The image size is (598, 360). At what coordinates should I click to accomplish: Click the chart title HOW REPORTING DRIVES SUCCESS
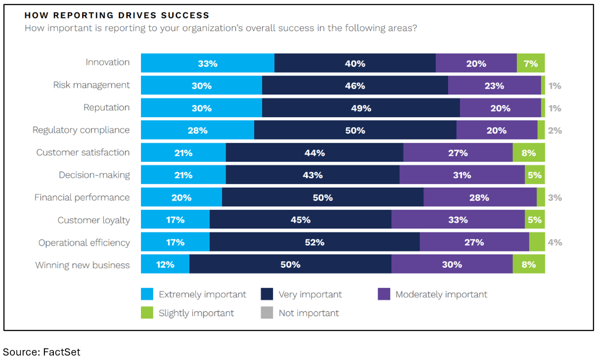click(117, 16)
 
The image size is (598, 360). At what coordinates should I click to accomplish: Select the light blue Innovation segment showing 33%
click(207, 63)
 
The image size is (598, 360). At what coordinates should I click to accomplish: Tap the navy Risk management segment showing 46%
click(355, 86)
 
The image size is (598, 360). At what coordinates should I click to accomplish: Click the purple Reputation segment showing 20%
click(500, 108)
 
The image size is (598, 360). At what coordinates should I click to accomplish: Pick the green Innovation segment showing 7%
click(530, 63)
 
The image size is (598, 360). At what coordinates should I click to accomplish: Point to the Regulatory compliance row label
click(81, 130)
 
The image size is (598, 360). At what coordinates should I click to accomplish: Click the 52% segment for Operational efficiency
click(314, 242)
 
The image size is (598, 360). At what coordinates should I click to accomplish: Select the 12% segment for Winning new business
click(165, 264)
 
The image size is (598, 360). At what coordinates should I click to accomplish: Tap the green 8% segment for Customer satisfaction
click(528, 153)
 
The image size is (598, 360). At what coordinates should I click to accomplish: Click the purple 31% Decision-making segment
click(462, 175)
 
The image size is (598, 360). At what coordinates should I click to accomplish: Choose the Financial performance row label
click(82, 197)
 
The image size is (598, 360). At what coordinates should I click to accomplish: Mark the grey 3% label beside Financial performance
click(555, 198)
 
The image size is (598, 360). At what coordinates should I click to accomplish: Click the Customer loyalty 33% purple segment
click(458, 220)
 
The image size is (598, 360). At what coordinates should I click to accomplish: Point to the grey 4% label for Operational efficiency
click(555, 243)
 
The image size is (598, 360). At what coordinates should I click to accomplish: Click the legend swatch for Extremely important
click(147, 294)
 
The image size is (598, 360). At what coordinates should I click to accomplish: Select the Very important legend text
click(310, 294)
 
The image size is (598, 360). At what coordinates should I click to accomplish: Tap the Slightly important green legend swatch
click(147, 313)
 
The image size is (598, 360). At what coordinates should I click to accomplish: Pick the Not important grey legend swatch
click(267, 313)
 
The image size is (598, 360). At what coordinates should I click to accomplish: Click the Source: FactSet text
click(42, 352)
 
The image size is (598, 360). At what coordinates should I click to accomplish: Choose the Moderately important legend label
click(441, 294)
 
